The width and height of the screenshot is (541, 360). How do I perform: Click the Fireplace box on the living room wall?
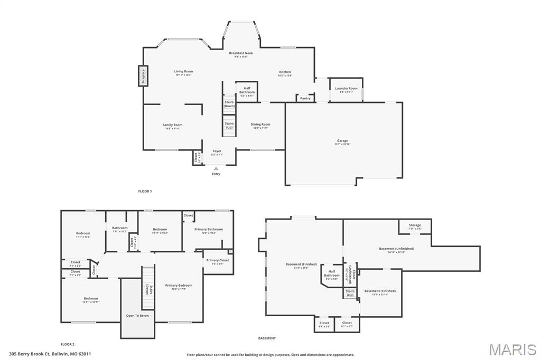pyautogui.click(x=143, y=75)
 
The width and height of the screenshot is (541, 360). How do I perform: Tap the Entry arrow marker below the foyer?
pyautogui.click(x=216, y=168)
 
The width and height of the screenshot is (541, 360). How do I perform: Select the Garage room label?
pyautogui.click(x=342, y=141)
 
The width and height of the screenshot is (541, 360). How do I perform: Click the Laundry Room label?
pyautogui.click(x=346, y=89)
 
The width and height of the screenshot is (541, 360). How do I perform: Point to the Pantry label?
pyautogui.click(x=305, y=98)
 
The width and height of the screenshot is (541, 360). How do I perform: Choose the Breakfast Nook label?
pyautogui.click(x=241, y=53)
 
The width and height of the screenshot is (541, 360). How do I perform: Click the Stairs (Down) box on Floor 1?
pyautogui.click(x=229, y=103)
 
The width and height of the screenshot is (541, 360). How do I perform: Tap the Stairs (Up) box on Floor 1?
pyautogui.click(x=229, y=126)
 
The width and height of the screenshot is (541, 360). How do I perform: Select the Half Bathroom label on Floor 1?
pyautogui.click(x=247, y=90)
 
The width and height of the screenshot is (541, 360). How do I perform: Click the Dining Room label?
pyautogui.click(x=260, y=125)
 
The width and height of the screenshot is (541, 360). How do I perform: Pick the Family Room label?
pyautogui.click(x=172, y=125)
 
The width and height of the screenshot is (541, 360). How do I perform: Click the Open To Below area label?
pyautogui.click(x=137, y=316)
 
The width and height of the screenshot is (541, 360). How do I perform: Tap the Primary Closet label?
pyautogui.click(x=218, y=260)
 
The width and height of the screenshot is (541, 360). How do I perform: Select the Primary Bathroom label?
pyautogui.click(x=208, y=230)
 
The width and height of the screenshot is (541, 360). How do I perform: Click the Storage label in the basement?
pyautogui.click(x=415, y=225)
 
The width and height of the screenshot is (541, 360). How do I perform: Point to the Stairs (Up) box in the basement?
pyautogui.click(x=350, y=293)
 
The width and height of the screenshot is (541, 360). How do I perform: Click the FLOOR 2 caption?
pyautogui.click(x=67, y=344)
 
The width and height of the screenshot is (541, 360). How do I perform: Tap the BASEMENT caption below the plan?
pyautogui.click(x=267, y=338)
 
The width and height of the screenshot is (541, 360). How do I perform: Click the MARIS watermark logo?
pyautogui.click(x=512, y=349)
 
